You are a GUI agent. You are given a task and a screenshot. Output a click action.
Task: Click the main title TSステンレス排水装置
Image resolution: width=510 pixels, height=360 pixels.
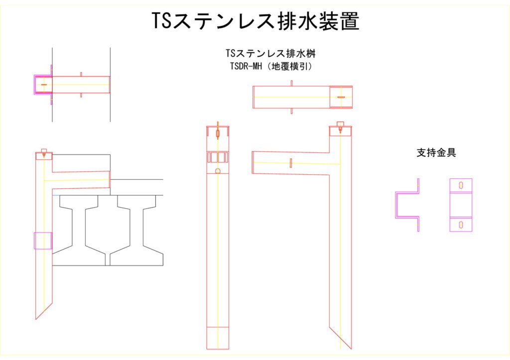255,21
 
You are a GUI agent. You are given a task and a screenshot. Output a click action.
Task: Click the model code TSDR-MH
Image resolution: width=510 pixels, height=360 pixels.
246,66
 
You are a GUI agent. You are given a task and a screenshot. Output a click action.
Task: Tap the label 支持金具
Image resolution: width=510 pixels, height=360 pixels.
436,152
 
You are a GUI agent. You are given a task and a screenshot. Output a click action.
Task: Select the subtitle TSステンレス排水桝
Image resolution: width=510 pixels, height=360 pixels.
270,53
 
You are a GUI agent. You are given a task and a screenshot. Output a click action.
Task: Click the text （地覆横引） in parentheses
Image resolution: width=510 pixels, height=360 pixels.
289,66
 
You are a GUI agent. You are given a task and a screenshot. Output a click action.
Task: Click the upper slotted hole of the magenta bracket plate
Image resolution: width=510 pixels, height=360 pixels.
461,185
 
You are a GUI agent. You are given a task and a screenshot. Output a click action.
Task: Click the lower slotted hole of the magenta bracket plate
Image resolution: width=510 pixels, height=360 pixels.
461,225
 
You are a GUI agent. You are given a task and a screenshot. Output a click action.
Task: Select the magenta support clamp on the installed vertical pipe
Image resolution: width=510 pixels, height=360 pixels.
43,240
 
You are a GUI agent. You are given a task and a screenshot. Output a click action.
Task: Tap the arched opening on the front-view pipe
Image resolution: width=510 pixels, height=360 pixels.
218,171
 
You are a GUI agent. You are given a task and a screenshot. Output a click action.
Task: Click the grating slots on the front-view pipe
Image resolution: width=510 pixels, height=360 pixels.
218,157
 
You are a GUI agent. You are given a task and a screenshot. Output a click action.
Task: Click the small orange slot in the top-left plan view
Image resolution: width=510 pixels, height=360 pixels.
44,85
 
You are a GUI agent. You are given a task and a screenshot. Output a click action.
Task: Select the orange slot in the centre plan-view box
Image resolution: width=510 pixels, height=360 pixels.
341,97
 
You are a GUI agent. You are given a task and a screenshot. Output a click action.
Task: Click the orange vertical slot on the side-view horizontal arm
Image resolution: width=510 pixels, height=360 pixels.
291,163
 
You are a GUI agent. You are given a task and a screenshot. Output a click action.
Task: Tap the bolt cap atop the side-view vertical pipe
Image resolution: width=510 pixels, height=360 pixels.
340,123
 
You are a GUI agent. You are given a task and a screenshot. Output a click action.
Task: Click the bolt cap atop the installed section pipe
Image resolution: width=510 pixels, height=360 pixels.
44,150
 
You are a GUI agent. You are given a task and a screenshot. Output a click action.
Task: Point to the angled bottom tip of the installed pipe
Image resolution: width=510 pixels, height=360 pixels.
36,319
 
